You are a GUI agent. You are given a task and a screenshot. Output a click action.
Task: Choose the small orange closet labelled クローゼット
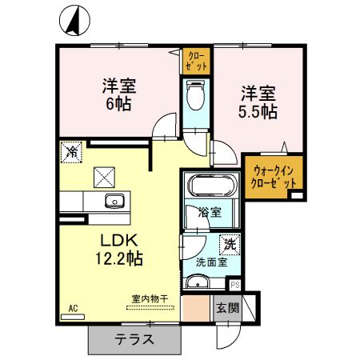tap(194, 61)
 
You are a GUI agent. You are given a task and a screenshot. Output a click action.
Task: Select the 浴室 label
tap(210, 213)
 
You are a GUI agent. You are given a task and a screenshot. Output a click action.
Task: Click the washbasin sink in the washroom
tap(197, 282)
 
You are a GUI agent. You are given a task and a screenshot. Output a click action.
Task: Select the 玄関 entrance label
tap(228, 308)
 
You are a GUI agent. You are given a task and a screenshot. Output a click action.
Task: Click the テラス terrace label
tap(134, 338)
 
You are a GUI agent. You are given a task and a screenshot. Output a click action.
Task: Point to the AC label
tap(71, 307)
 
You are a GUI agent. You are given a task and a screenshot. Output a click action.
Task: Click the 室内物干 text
tap(150, 299)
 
